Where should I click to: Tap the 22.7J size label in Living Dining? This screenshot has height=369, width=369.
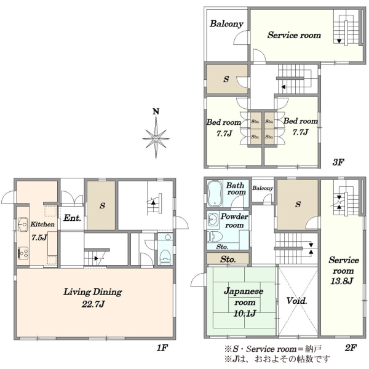click(93, 304)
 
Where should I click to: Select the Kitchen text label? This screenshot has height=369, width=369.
click(42, 224)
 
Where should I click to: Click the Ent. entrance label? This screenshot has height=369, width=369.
click(72, 218)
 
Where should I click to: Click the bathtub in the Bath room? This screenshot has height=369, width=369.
click(215, 194)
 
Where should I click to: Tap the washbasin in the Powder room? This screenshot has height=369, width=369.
click(213, 220)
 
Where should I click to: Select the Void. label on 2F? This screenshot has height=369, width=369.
click(297, 301)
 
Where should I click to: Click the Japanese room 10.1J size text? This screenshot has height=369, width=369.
click(245, 313)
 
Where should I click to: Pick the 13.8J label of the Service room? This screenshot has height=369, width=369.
click(342, 281)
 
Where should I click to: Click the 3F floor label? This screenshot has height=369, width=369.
click(338, 162)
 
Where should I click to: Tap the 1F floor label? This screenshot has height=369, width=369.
click(162, 347)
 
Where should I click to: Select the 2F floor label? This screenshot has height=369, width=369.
click(351, 347)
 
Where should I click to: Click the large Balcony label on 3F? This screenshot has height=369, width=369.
click(226, 24)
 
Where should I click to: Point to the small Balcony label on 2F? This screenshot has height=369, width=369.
click(263, 188)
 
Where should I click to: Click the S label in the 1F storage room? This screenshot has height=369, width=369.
click(102, 205)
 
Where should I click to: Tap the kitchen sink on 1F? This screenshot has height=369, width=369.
click(23, 224)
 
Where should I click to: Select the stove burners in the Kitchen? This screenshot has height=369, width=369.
click(23, 253)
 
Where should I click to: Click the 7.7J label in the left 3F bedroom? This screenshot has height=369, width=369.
click(224, 133)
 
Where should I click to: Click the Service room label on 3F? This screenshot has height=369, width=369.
click(294, 35)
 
